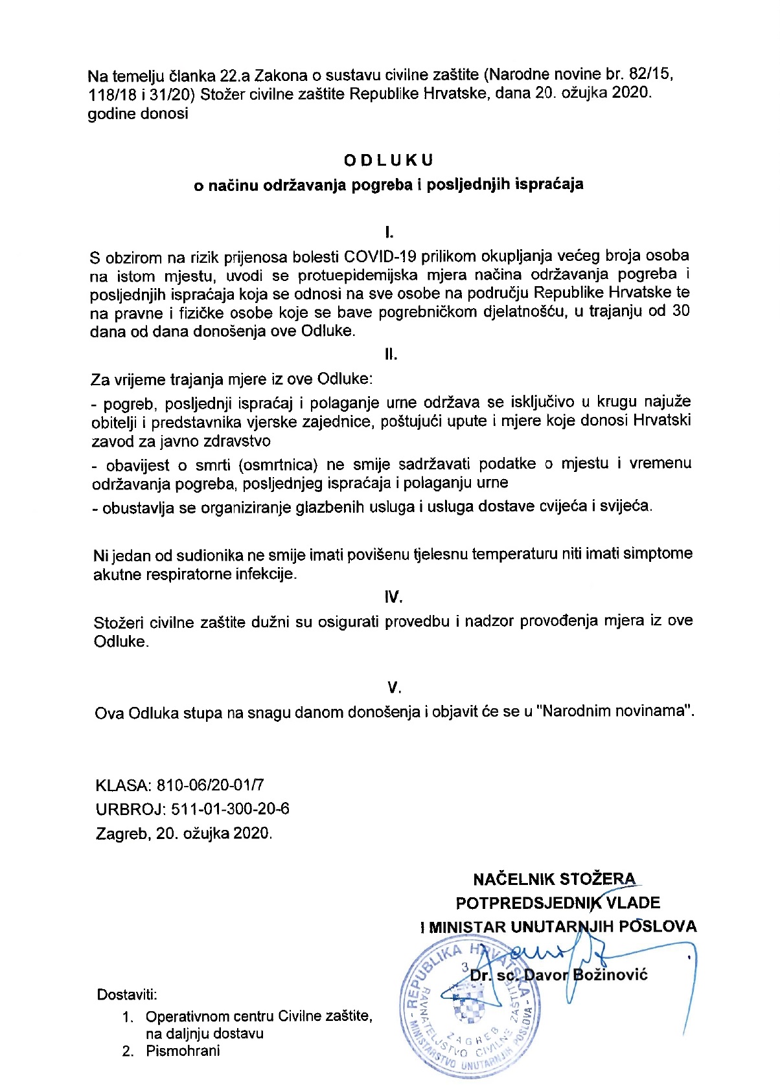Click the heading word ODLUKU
(389, 160)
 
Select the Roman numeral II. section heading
(391, 355)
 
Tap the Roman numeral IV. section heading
(394, 597)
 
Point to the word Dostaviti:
(127, 994)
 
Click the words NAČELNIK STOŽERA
(554, 879)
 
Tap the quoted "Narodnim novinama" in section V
(615, 711)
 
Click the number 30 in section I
(680, 311)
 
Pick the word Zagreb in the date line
(123, 833)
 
